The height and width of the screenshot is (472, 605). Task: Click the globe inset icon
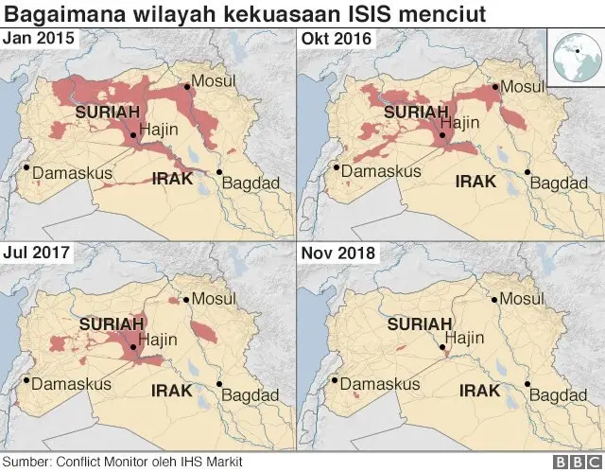(575, 56)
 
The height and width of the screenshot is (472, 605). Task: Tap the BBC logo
(573, 462)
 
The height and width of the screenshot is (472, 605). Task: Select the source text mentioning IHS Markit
(124, 462)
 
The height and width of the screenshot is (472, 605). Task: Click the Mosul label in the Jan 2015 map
(213, 80)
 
